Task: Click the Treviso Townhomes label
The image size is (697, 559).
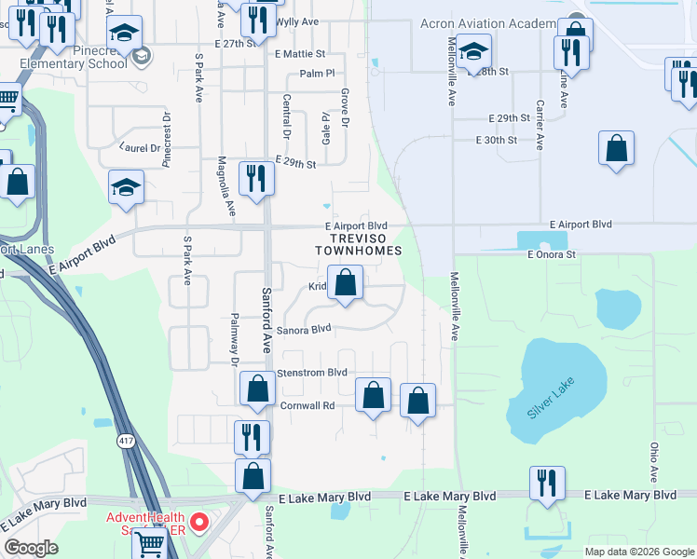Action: coord(358,244)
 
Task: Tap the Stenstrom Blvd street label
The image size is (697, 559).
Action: coord(313,372)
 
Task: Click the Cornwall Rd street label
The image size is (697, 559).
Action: coord(307,405)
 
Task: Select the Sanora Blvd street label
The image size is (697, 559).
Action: coord(303,328)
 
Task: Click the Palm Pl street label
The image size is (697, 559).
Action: coord(316,74)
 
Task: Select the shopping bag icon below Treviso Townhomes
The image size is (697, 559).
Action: coord(345,283)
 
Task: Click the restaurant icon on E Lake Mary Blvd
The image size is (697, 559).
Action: coord(546,484)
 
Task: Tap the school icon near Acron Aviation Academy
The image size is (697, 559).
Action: coord(473,52)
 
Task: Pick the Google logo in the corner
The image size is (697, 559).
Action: coord(32,548)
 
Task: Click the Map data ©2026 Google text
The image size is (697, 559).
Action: coord(639,552)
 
